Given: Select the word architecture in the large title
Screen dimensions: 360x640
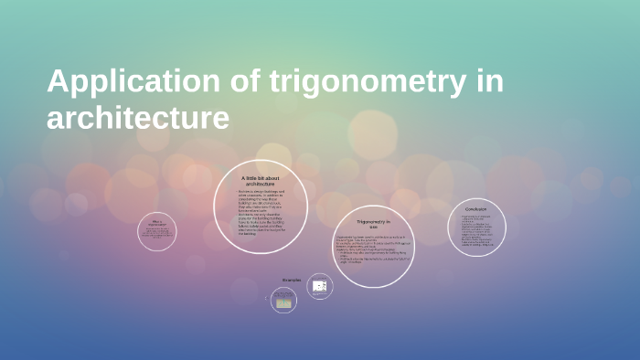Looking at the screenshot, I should coord(137,118).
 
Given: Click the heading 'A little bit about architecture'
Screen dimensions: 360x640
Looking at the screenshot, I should coord(261,181).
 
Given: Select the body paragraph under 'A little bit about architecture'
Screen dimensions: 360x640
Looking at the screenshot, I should coord(261,212).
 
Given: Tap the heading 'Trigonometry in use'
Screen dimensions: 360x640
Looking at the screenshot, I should coord(373,225).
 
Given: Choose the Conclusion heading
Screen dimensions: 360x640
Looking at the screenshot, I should coord(476,209).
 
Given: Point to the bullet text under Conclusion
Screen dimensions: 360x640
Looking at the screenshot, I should coord(476,231).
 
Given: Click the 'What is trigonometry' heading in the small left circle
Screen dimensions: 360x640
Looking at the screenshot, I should coord(157,222).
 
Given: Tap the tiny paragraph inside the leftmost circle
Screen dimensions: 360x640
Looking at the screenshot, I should coord(157,235).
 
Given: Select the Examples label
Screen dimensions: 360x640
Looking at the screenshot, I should coord(292,281).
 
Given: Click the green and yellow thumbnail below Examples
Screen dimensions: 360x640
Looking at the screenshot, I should coord(284,302).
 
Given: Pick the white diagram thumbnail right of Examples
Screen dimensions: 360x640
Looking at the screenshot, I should coord(319,286).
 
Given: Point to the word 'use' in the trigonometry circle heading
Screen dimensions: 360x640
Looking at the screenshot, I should coord(373,228).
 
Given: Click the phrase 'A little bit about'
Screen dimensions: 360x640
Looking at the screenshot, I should coord(261,178).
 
